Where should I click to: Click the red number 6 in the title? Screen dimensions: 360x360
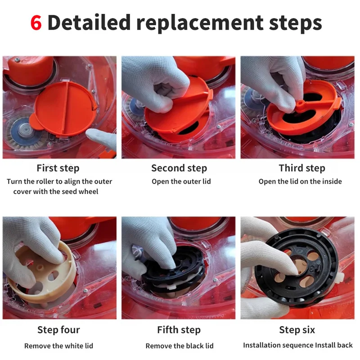(x=36, y=23)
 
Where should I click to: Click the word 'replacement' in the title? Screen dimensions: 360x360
(x=200, y=23)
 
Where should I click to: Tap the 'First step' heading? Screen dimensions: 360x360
(x=58, y=168)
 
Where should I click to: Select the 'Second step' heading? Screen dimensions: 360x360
(x=179, y=168)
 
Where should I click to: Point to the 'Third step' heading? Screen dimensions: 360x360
(x=302, y=168)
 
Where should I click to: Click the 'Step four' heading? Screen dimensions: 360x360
(x=58, y=330)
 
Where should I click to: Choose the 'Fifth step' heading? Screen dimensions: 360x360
(x=179, y=330)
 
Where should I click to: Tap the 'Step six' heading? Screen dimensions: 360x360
(x=297, y=330)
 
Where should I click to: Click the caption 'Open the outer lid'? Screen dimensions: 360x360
(x=181, y=181)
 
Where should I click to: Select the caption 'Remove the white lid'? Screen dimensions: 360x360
(x=59, y=346)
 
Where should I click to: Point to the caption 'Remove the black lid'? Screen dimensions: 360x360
(x=180, y=346)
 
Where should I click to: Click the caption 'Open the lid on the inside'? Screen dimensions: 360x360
(x=300, y=181)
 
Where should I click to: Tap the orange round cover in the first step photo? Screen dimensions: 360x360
(x=63, y=108)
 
